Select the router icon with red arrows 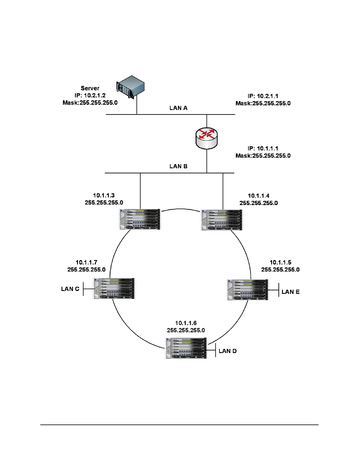[x=206, y=138]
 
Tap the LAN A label [x=178, y=108]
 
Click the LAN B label [x=178, y=166]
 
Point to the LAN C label [x=70, y=289]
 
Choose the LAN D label [x=228, y=351]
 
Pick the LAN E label [x=291, y=292]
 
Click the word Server [x=90, y=88]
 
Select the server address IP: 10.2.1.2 [x=90, y=95]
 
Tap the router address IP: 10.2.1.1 [x=263, y=96]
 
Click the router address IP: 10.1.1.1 [x=263, y=149]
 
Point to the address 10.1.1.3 [x=104, y=195]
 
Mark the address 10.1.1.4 [x=259, y=196]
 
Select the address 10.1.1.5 [x=281, y=262]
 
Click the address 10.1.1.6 [x=186, y=323]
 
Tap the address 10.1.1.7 [x=86, y=262]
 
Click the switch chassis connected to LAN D [x=186, y=348]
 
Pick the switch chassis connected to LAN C [x=114, y=288]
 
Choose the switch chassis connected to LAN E [x=248, y=289]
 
